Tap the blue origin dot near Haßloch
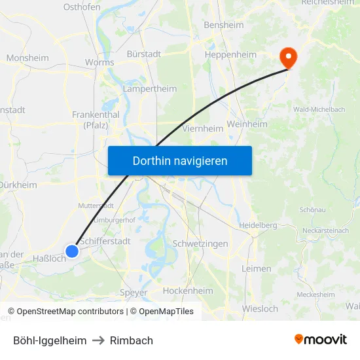[72, 251]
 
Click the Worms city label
[99, 63]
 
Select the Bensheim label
[223, 26]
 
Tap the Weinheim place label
[247, 124]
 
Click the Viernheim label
[203, 129]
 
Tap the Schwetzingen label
[200, 243]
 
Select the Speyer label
[134, 293]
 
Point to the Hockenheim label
[188, 291]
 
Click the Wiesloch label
[260, 308]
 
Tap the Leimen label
[256, 268]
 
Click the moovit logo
[321, 340]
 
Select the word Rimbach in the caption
[132, 340]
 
